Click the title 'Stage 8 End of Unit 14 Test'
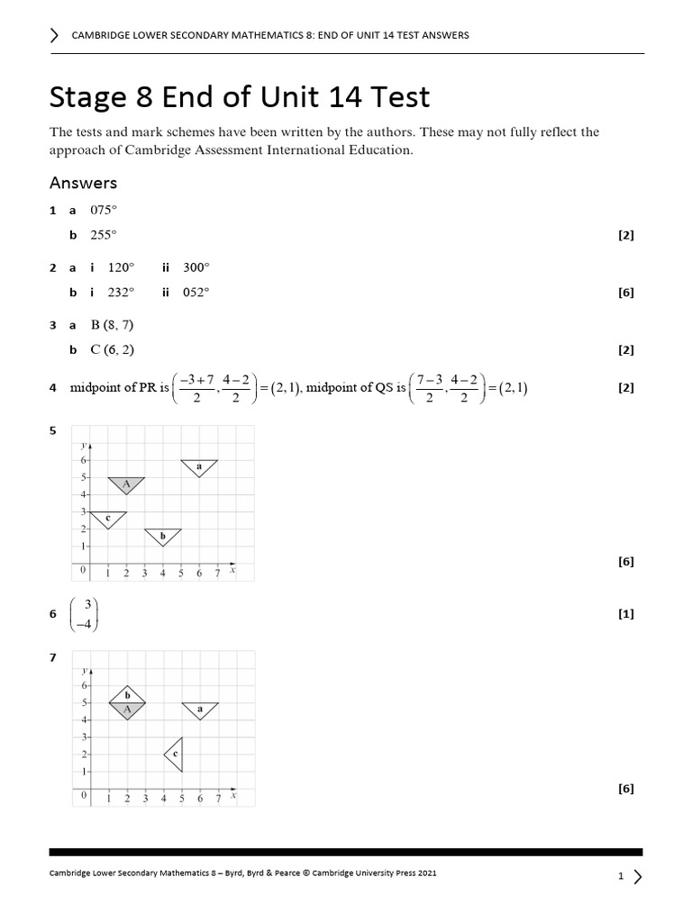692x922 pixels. pyautogui.click(x=240, y=96)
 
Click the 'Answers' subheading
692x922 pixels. pyautogui.click(x=83, y=183)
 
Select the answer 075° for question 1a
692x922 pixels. pyautogui.click(x=104, y=210)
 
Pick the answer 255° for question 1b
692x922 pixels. pyautogui.click(x=104, y=236)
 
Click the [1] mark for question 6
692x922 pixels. pyautogui.click(x=626, y=614)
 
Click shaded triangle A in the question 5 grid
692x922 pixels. pyautogui.click(x=127, y=484)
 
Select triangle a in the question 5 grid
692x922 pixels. pyautogui.click(x=199, y=466)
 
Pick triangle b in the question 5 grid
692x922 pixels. pyautogui.click(x=163, y=535)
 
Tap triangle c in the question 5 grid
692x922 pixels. pyautogui.click(x=108, y=518)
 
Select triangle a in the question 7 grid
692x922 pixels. pyautogui.click(x=200, y=709)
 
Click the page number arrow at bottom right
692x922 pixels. pyautogui.click(x=638, y=876)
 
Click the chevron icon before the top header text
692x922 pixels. pyautogui.click(x=55, y=35)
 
